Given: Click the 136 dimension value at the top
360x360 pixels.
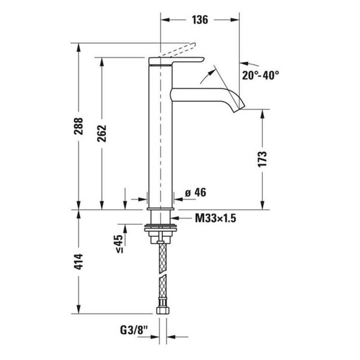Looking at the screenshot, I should tap(199, 19).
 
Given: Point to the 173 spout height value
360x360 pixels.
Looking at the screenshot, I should tap(263, 159).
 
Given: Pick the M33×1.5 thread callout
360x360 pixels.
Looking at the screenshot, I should tap(215, 219).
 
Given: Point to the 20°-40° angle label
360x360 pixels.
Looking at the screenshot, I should tap(261, 75).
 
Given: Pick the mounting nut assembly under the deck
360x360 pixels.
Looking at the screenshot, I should tap(161, 232).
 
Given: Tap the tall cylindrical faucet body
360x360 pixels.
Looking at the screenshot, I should tap(161, 136).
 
